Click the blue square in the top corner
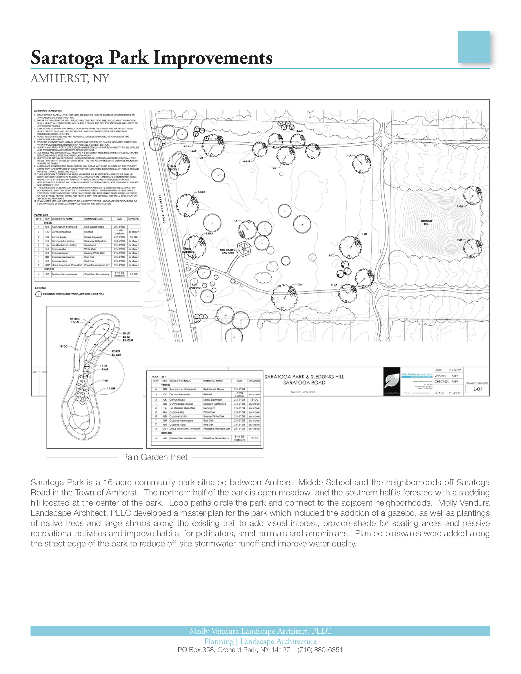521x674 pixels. point(474,47)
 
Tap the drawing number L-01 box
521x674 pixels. point(477,389)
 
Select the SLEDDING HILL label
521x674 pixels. point(426,222)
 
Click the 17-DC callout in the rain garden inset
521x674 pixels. point(63,346)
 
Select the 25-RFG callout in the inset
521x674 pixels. point(75,319)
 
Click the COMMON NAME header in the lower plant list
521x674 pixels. point(213,381)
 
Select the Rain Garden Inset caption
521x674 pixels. point(155,457)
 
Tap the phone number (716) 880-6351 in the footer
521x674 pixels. point(320,650)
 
